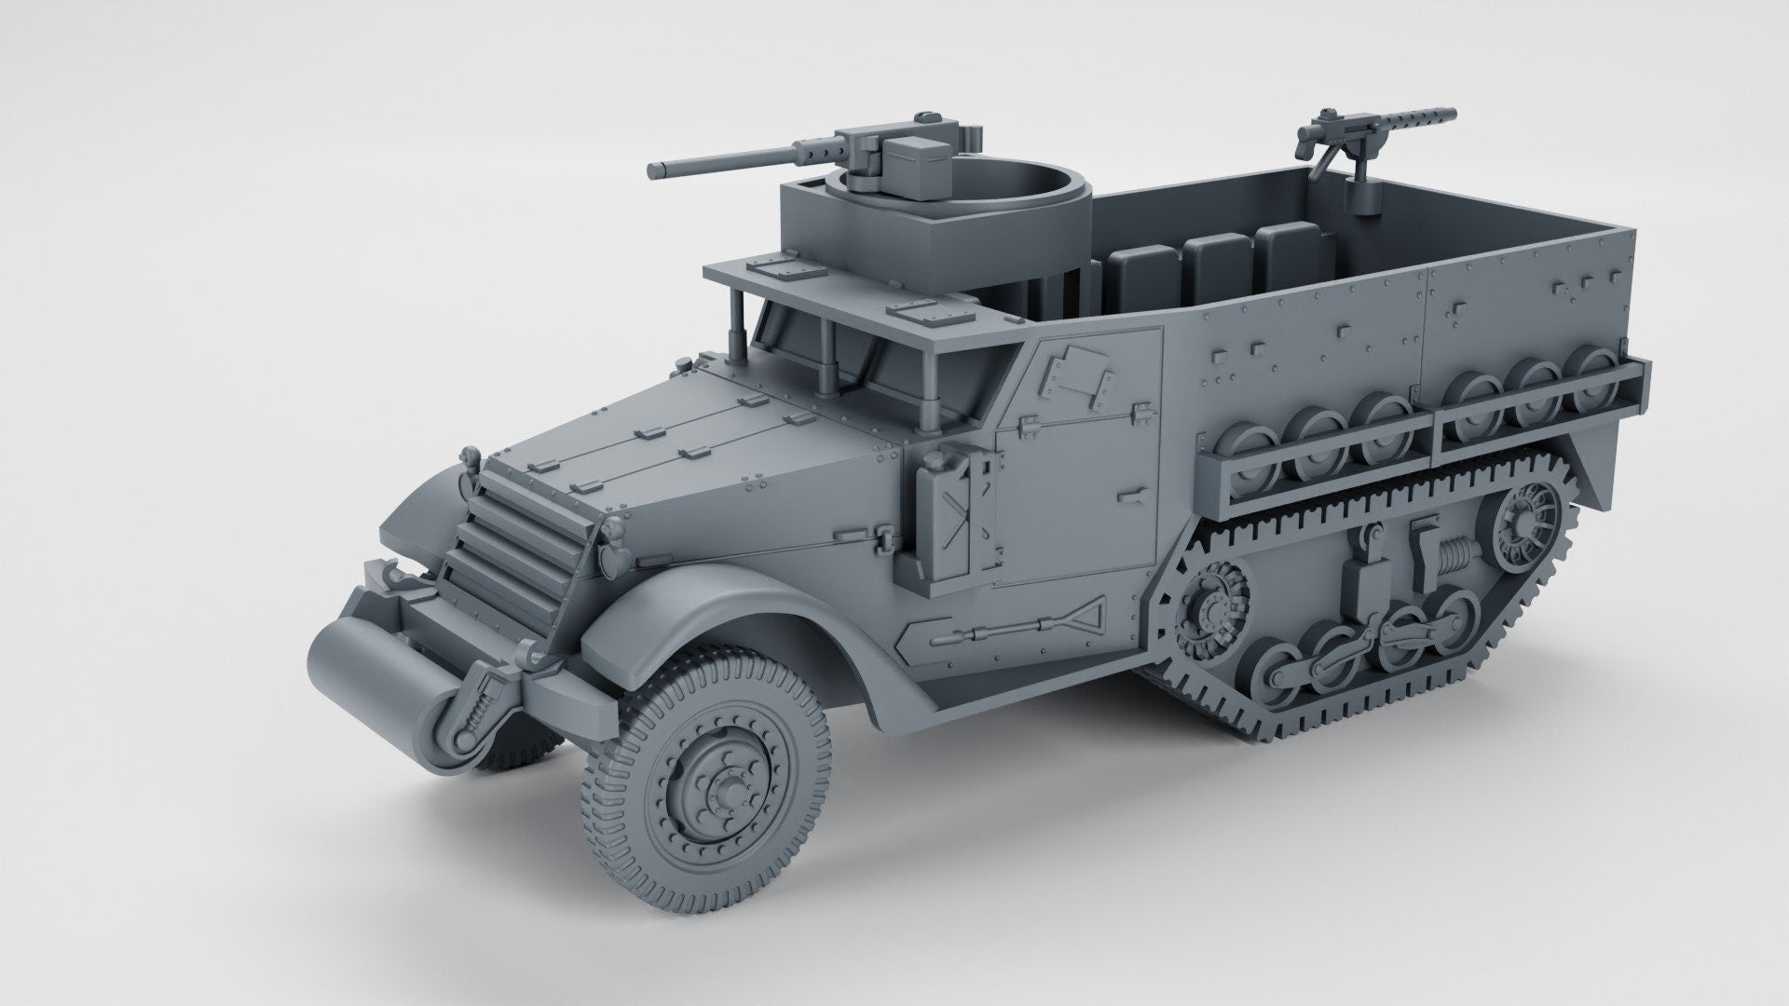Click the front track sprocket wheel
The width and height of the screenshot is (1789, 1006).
click(1211, 606)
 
